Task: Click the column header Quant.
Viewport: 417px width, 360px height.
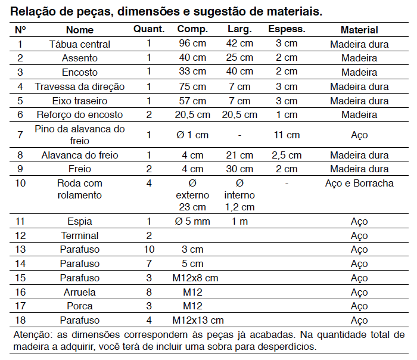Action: coord(149,29)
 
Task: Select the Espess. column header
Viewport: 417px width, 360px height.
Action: coord(287,29)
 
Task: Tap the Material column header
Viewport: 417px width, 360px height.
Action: coord(359,30)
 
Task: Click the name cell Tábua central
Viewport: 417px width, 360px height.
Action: coord(79,44)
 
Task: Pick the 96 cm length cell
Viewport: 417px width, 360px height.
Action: coord(192,43)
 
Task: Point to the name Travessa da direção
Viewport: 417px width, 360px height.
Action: coord(79,87)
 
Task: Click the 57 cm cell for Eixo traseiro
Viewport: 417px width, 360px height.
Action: coord(192,101)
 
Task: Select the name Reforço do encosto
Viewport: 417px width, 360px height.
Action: coord(79,114)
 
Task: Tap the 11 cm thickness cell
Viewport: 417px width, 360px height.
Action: coord(287,135)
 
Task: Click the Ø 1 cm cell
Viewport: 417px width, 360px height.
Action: coord(192,135)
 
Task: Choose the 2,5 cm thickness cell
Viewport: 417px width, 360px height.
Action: coord(287,155)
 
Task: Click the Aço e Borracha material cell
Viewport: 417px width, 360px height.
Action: coord(359,184)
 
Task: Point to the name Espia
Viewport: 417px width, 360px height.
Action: coord(79,221)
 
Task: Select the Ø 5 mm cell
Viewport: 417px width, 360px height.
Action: coord(192,221)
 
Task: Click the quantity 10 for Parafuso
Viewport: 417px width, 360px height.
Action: coord(149,249)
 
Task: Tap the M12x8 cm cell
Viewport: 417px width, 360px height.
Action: coord(195,278)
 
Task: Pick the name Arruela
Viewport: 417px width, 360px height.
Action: coord(79,292)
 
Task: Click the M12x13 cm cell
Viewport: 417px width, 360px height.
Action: coord(198,320)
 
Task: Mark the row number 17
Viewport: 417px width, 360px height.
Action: coord(20,306)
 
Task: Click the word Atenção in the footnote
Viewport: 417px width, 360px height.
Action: coord(33,335)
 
